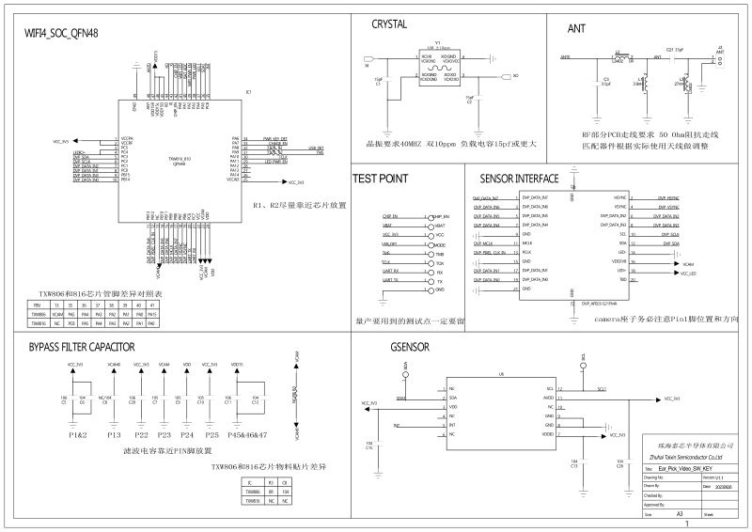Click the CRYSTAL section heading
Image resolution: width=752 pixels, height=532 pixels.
click(389, 25)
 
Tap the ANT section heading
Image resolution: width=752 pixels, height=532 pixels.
click(576, 29)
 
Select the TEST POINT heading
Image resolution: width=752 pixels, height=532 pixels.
click(379, 178)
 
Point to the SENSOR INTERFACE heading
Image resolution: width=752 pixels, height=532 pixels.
click(519, 178)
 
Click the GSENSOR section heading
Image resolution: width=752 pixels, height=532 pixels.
click(410, 347)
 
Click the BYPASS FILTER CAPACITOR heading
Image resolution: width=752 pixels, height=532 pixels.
click(82, 347)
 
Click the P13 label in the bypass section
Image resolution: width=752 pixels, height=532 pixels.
click(114, 436)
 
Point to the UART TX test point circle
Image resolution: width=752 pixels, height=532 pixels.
click(429, 281)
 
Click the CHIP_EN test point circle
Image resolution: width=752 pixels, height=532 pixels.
click(429, 217)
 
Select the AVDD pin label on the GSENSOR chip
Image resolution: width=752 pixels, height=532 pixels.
click(548, 398)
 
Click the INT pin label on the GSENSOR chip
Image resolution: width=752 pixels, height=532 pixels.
click(453, 425)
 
